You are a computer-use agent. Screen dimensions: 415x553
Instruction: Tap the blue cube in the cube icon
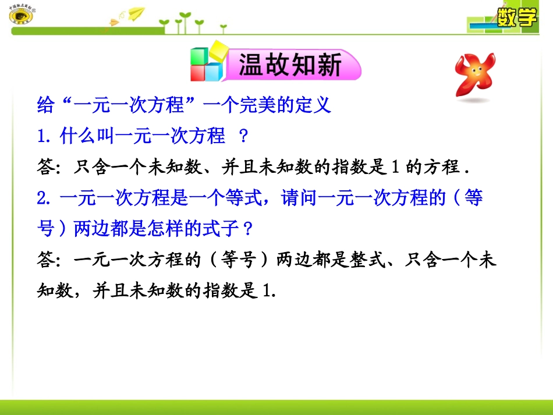pyautogui.click(x=214, y=72)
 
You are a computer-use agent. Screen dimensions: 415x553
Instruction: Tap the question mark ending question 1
pyautogui.click(x=244, y=136)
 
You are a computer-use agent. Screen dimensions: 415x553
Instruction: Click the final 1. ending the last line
pyautogui.click(x=268, y=291)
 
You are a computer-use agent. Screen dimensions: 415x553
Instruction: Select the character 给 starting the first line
pyautogui.click(x=45, y=105)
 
